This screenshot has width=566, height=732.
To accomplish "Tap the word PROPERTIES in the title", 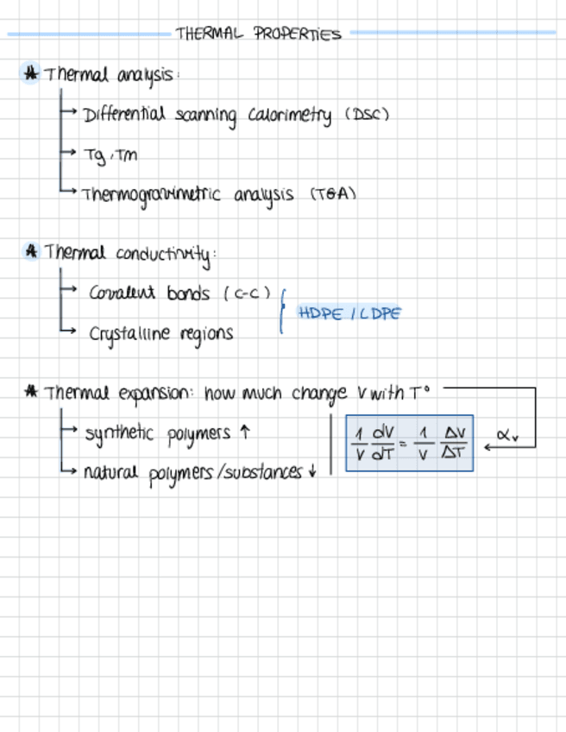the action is [298, 35].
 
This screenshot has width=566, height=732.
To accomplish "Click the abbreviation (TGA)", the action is [333, 194].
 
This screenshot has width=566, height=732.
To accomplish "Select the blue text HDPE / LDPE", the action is [349, 313].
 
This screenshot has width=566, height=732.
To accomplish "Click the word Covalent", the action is [122, 293].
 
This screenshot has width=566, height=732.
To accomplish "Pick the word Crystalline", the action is [128, 333].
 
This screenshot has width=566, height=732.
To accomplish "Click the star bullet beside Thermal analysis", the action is [31, 73].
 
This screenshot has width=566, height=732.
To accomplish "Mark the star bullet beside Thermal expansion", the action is [31, 393].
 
